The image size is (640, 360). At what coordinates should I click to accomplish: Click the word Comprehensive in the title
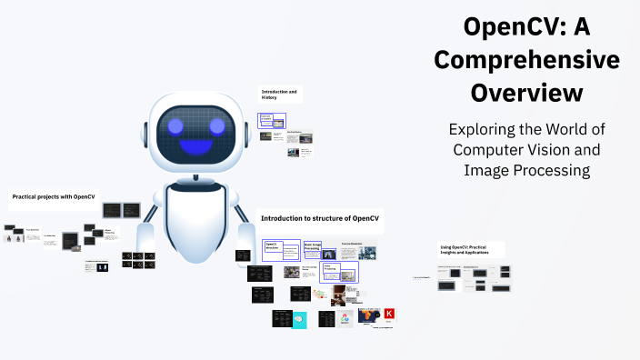pos(526,60)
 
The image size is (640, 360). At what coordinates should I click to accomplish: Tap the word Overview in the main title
pos(526,93)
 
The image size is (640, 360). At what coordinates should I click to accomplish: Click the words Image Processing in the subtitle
pos(526,170)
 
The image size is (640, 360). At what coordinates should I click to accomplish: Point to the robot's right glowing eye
pos(216,125)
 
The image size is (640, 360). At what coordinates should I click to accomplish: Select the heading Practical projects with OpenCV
pos(53,196)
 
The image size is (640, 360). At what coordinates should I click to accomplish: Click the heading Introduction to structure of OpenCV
pos(319,218)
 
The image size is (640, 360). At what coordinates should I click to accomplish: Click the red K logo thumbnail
pos(389,315)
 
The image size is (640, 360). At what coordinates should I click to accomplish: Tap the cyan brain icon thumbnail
pos(300,320)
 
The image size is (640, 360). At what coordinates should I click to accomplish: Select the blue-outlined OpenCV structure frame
pos(281,250)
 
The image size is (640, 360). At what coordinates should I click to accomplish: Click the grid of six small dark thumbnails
pos(137,260)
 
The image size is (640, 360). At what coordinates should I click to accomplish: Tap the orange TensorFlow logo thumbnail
pos(368,316)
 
